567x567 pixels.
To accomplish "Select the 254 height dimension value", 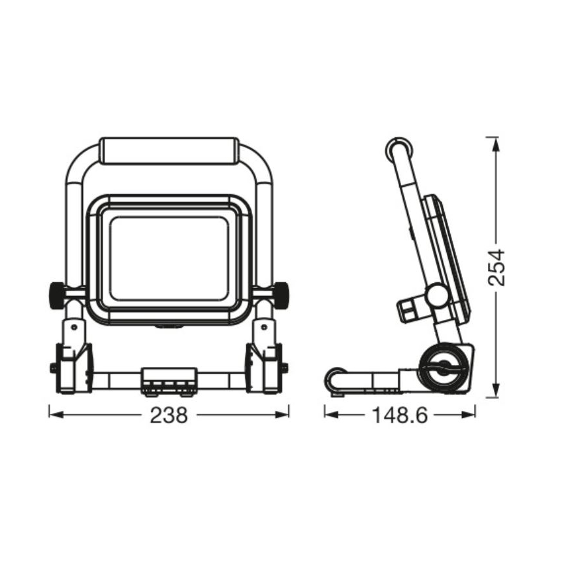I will (x=497, y=267).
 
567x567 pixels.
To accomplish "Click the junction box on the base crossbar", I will (x=169, y=380).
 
